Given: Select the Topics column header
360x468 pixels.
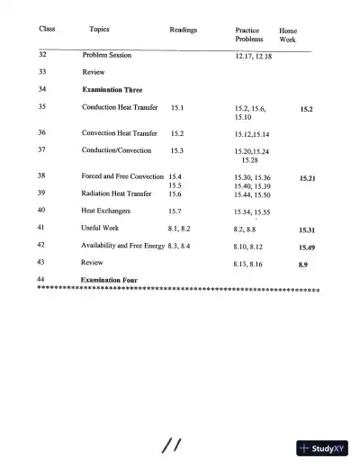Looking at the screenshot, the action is pos(101,30).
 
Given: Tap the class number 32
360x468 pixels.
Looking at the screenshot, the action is pos(43,55).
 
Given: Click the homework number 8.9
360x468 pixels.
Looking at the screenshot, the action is pos(303,265).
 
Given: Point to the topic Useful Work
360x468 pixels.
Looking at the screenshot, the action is pos(100,229).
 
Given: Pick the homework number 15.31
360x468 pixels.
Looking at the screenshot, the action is pos(306,229).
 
